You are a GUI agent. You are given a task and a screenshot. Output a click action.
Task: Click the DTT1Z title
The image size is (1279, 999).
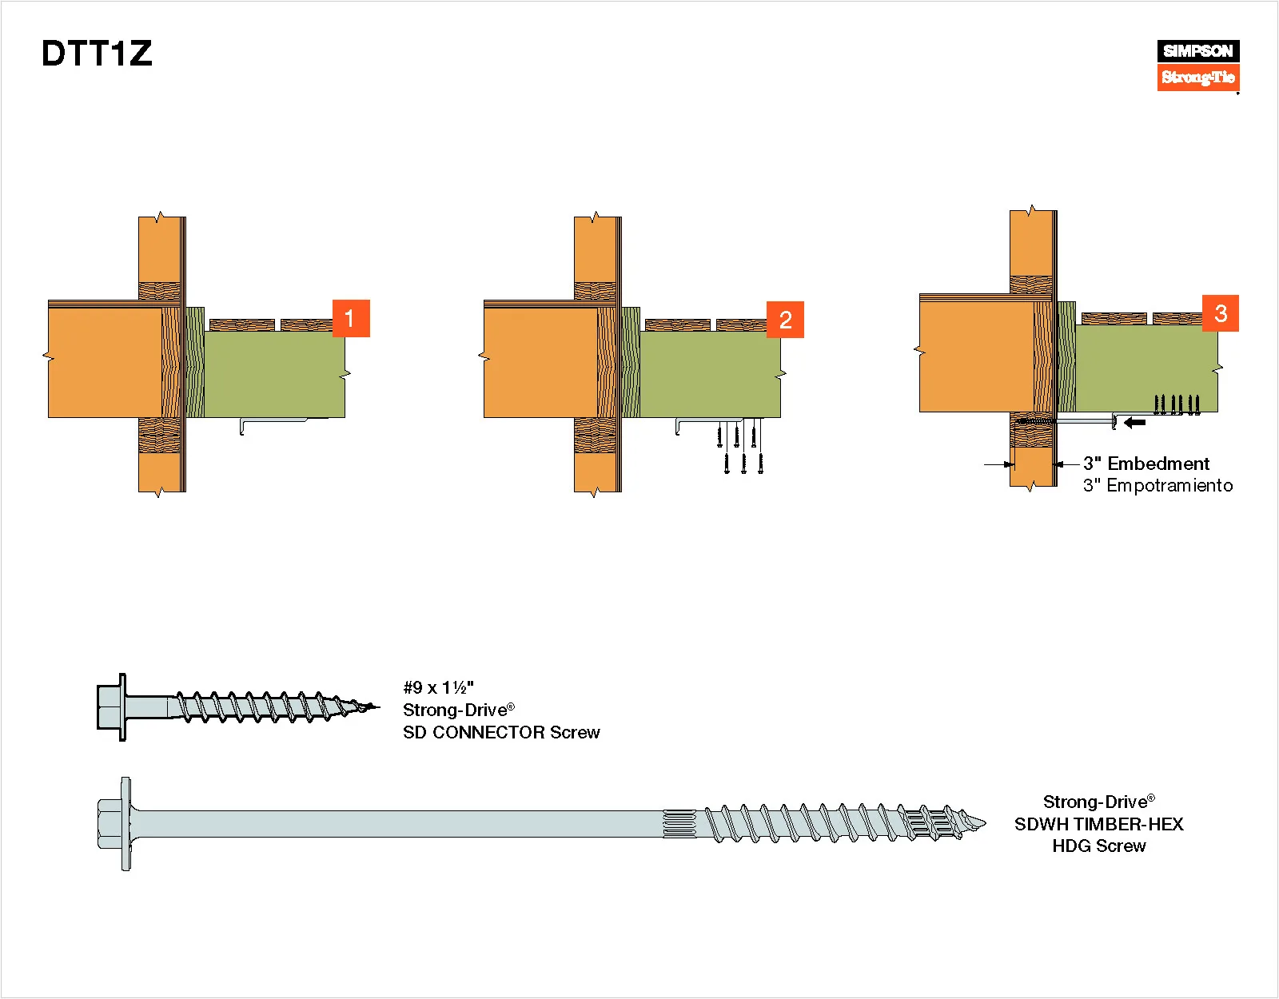(x=97, y=54)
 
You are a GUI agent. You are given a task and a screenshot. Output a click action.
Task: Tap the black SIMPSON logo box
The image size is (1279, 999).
(x=1197, y=51)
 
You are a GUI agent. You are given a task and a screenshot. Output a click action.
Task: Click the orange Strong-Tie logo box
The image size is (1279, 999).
(x=1197, y=78)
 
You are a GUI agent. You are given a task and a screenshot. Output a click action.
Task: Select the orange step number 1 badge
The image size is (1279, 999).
(x=350, y=318)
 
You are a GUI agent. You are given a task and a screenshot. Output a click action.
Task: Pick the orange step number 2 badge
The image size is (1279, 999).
(x=785, y=320)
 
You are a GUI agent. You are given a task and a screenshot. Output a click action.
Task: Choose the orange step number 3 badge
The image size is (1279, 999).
(x=1220, y=313)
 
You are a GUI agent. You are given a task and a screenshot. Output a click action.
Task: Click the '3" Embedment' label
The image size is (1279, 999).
(x=1146, y=464)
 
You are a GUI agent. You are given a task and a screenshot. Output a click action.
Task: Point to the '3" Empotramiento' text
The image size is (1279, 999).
(x=1157, y=485)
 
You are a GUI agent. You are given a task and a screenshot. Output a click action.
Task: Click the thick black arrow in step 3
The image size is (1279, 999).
(x=1134, y=422)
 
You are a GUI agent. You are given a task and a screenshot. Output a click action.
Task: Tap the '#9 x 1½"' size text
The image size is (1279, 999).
(x=438, y=687)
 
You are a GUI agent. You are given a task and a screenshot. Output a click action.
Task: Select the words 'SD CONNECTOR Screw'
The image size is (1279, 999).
(x=501, y=732)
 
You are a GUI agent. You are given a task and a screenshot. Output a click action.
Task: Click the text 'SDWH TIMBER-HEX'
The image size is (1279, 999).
(x=1098, y=824)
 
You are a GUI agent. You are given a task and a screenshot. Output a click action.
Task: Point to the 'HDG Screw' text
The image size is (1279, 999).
(x=1098, y=846)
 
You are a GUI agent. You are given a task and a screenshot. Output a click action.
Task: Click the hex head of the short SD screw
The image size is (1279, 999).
(x=110, y=706)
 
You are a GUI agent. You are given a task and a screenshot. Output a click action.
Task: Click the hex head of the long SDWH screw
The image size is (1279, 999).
(x=114, y=823)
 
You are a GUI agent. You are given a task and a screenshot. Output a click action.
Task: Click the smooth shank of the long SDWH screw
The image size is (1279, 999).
(x=400, y=823)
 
